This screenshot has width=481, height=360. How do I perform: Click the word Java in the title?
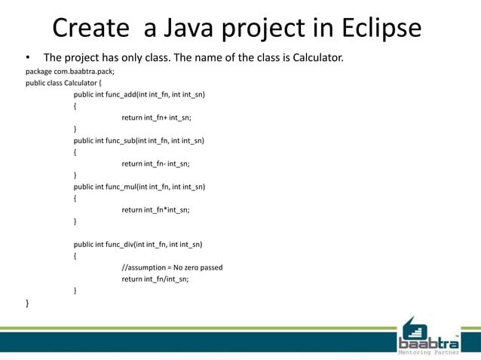tap(177, 28)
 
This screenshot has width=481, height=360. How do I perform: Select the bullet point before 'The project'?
tap(28, 58)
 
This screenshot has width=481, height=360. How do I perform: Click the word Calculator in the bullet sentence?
tap(315, 57)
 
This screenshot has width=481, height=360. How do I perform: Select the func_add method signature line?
tap(139, 95)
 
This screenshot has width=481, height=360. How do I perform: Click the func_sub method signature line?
tap(139, 140)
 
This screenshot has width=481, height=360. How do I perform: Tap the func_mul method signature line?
tap(139, 187)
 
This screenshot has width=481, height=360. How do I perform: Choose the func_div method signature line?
tap(138, 244)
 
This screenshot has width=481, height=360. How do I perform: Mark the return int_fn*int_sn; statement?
tap(155, 210)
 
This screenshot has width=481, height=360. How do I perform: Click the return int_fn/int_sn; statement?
tap(155, 279)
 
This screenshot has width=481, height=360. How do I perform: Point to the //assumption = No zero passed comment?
tap(172, 267)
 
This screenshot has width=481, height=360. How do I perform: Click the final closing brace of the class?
tap(28, 302)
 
